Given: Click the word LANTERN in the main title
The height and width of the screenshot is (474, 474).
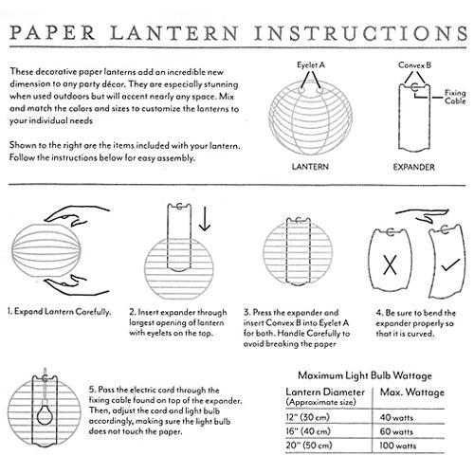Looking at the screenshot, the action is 174,33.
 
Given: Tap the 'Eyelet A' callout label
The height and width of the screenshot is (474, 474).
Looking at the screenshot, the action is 311,65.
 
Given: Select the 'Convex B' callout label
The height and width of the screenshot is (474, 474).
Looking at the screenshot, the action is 414,65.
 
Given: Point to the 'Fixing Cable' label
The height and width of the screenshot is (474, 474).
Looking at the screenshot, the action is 455,97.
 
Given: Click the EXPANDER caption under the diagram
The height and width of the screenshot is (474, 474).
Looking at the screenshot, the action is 413,167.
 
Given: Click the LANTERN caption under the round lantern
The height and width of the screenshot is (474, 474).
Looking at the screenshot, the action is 310,167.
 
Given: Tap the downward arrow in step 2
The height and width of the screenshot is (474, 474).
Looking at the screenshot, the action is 205,219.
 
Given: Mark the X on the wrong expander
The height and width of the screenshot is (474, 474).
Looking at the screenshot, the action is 390,264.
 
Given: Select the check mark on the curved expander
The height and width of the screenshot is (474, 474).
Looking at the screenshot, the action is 450,264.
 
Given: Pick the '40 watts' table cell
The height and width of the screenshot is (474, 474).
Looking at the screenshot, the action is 396,417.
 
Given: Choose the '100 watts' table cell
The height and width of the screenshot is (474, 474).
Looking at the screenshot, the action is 398,446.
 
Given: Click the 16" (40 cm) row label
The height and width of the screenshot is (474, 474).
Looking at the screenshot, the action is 308,431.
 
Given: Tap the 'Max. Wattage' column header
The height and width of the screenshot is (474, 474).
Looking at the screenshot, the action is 412,392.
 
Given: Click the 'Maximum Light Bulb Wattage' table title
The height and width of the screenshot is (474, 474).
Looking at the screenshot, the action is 365,375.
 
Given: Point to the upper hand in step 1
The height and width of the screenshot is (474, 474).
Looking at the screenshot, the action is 77,215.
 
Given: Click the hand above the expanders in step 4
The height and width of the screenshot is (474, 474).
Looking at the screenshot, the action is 423,216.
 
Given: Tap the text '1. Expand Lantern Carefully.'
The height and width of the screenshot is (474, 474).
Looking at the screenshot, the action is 59,312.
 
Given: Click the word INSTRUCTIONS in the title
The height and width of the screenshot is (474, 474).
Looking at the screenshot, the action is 360,33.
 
